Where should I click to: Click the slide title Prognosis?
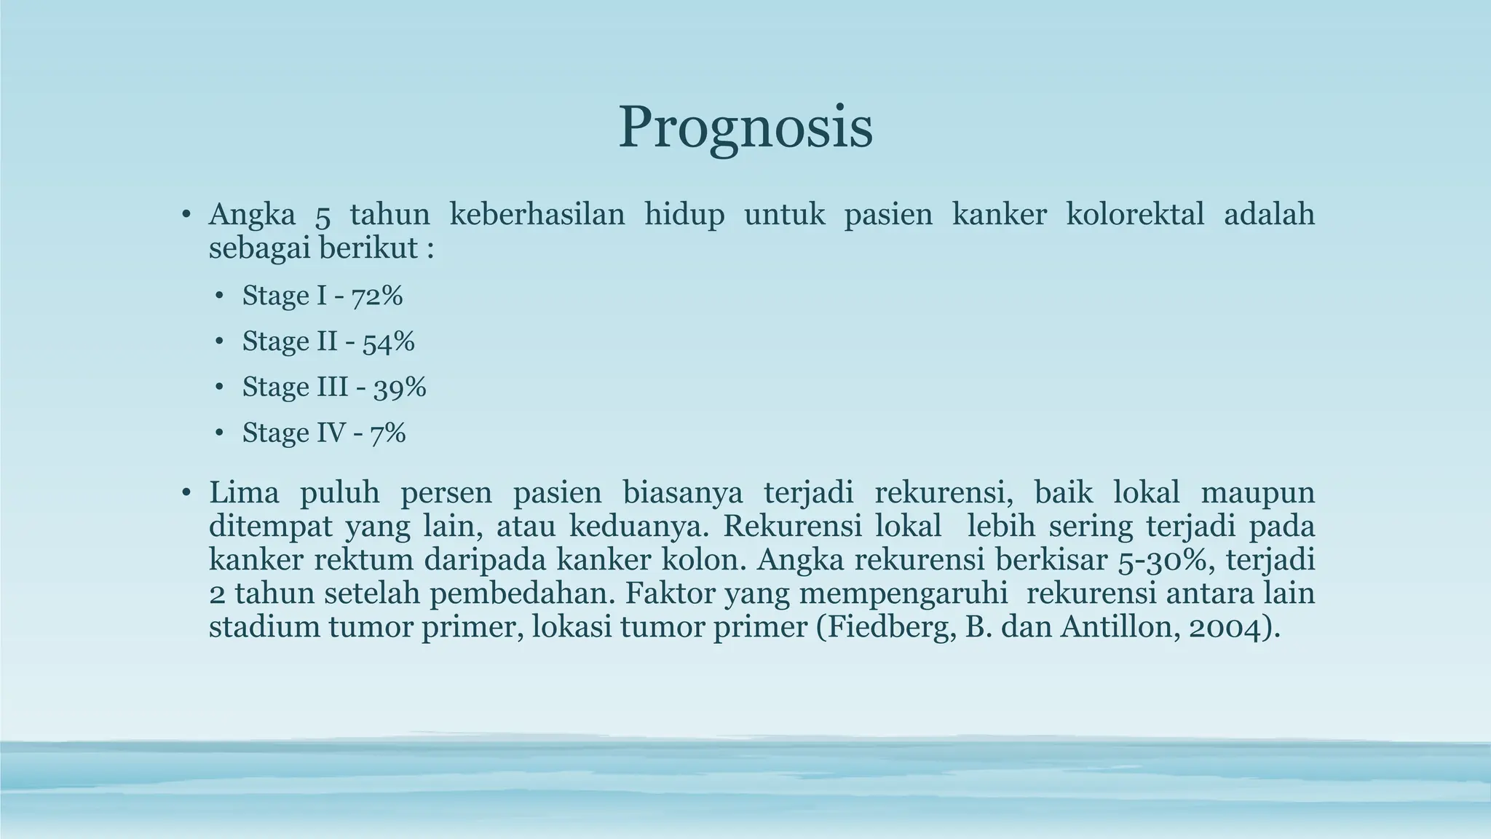[745, 128]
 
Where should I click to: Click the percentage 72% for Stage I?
[377, 296]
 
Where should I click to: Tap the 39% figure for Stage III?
[400, 387]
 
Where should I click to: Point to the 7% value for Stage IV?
[387, 433]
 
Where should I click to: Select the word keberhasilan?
[537, 215]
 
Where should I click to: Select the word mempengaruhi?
[903, 594]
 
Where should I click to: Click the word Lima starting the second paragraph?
[244, 493]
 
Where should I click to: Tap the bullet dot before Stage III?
[219, 387]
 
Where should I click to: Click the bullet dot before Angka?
[186, 216]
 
